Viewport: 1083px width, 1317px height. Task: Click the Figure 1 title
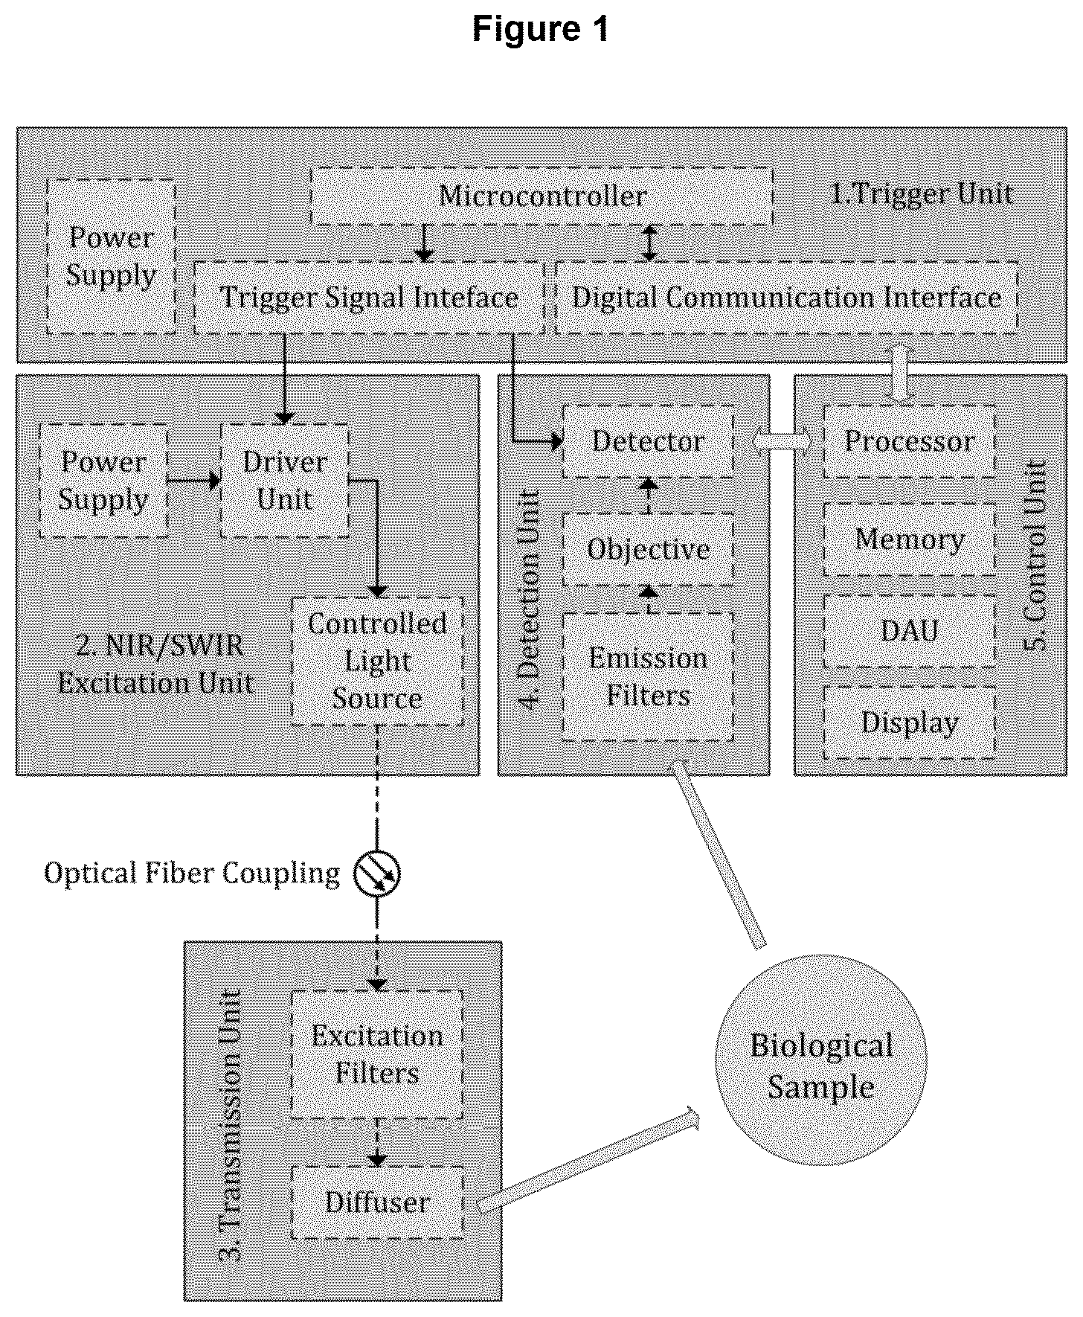(x=541, y=30)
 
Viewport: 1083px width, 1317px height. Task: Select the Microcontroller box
(x=541, y=196)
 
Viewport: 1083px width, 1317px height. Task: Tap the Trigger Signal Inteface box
(x=369, y=297)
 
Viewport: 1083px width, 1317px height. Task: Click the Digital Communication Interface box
(x=786, y=297)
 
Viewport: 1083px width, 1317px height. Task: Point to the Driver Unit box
(x=285, y=480)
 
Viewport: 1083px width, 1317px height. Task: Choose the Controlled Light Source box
(x=377, y=661)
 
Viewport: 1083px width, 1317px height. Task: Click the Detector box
(x=648, y=441)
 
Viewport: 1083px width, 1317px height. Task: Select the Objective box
(x=648, y=549)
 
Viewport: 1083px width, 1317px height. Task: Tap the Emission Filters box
(x=648, y=676)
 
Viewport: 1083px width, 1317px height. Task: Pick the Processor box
(x=910, y=441)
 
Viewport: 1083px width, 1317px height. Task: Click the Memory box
(x=910, y=539)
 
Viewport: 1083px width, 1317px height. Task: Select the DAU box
(x=910, y=631)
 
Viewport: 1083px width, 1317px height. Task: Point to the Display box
(x=910, y=722)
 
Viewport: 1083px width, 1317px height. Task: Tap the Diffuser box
(x=377, y=1202)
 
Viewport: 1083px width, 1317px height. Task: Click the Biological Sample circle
(x=821, y=1060)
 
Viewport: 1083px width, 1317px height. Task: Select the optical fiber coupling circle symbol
(x=377, y=873)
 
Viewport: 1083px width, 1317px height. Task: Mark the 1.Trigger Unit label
(x=921, y=194)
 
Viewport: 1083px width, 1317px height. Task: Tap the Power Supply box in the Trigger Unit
(x=112, y=257)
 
